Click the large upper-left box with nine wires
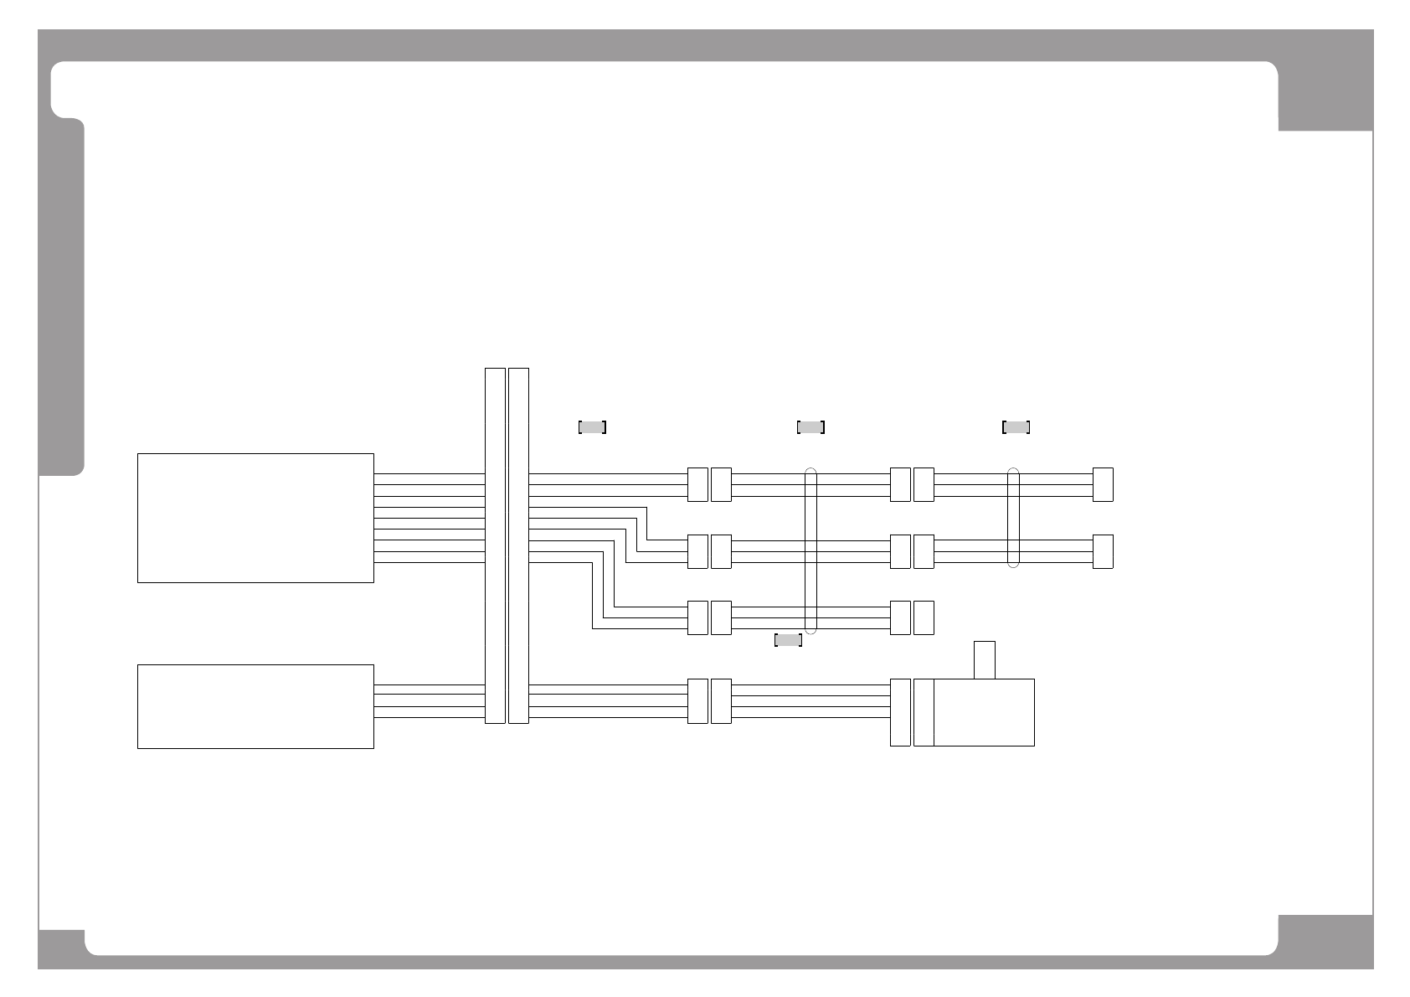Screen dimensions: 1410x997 [x=255, y=518]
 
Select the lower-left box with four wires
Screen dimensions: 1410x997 [x=255, y=706]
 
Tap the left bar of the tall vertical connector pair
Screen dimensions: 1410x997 [x=495, y=545]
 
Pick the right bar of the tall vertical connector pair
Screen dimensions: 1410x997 [x=518, y=545]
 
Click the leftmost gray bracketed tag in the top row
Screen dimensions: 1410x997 [x=592, y=427]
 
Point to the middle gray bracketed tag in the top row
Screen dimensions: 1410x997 [x=810, y=427]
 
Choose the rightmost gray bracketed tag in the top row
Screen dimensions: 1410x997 [x=1016, y=427]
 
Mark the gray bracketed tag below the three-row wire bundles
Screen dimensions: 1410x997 [x=788, y=641]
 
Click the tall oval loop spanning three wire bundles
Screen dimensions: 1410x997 [x=810, y=550]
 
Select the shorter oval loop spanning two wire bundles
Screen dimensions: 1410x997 [x=1013, y=518]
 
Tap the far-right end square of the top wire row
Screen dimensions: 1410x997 [x=1103, y=484]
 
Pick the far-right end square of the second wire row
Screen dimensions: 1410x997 [x=1103, y=551]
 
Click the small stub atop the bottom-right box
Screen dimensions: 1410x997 [x=985, y=660]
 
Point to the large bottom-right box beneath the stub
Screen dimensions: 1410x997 [x=984, y=712]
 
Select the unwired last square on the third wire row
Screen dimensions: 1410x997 [x=924, y=617]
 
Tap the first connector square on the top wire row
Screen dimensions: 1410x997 [x=697, y=484]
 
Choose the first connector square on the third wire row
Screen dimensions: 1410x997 [x=697, y=617]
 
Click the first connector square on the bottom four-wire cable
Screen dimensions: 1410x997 [x=697, y=700]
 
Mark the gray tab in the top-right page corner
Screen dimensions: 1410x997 [x=1325, y=96]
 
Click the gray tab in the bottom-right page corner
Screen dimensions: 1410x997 [x=1325, y=943]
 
